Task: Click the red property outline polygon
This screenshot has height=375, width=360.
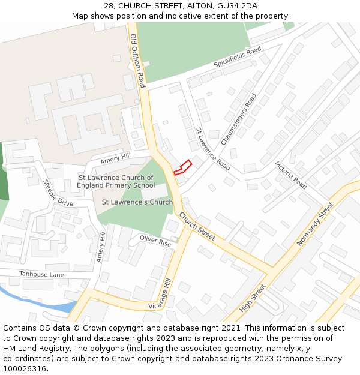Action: pyautogui.click(x=183, y=167)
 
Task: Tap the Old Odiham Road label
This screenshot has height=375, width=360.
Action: pyautogui.click(x=138, y=61)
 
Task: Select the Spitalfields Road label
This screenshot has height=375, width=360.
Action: pyautogui.click(x=238, y=57)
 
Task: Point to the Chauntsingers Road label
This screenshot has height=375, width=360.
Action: pyautogui.click(x=239, y=119)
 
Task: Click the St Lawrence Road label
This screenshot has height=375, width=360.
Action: pyautogui.click(x=214, y=149)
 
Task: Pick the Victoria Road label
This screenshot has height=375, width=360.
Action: pyautogui.click(x=290, y=175)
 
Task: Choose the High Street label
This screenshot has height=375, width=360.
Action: pyautogui.click(x=252, y=298)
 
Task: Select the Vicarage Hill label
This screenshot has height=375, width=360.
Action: pyautogui.click(x=160, y=295)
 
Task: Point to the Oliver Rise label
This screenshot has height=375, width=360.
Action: pyautogui.click(x=155, y=241)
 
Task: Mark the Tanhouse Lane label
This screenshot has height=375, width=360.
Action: pyautogui.click(x=41, y=274)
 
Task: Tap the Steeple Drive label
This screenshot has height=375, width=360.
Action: pyautogui.click(x=58, y=193)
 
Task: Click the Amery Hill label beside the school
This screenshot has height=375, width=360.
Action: pyautogui.click(x=115, y=158)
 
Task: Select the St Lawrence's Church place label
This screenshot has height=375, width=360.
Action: pyautogui.click(x=137, y=202)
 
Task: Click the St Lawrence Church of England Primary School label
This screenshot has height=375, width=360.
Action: pyautogui.click(x=116, y=182)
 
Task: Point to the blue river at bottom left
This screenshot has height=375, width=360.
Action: pyautogui.click(x=36, y=301)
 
